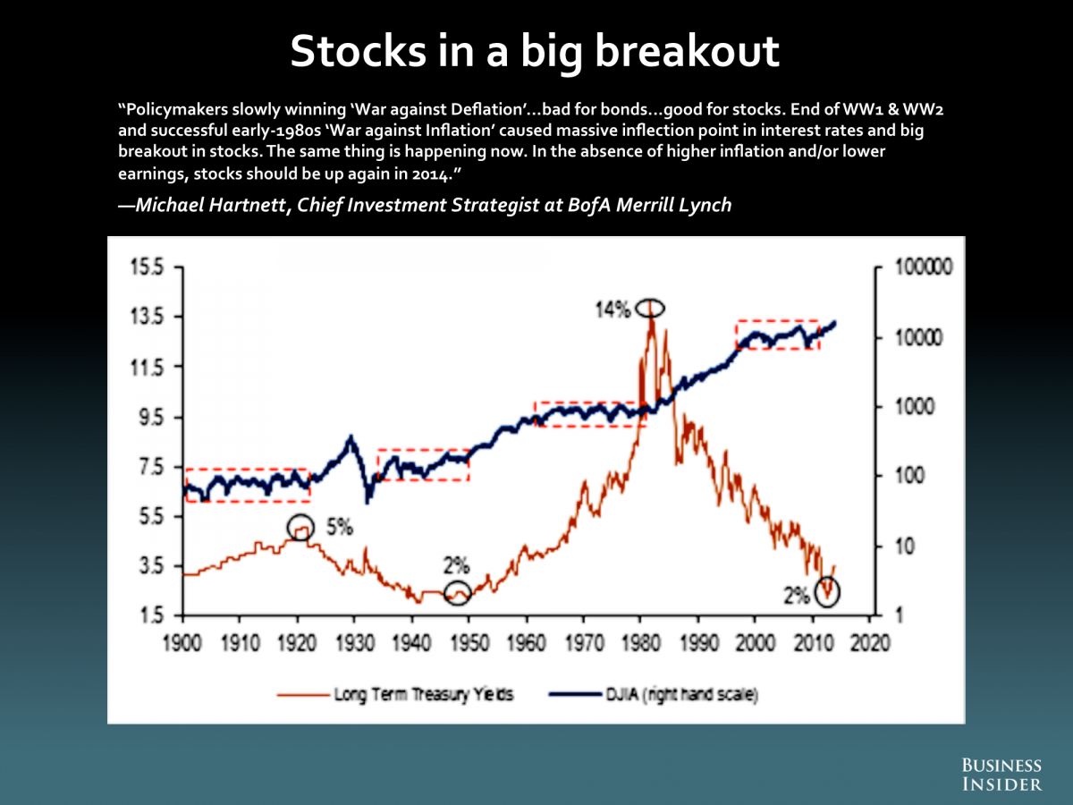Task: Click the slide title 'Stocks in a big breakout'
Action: pos(536,52)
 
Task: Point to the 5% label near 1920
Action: pos(340,527)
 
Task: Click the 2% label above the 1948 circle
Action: pos(456,565)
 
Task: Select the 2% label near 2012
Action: pos(797,594)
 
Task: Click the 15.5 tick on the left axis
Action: pos(147,267)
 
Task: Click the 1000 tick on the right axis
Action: pos(915,407)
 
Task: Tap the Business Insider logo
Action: pos(1001,775)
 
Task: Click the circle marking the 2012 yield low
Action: pos(829,591)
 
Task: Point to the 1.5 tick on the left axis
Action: pos(151,615)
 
